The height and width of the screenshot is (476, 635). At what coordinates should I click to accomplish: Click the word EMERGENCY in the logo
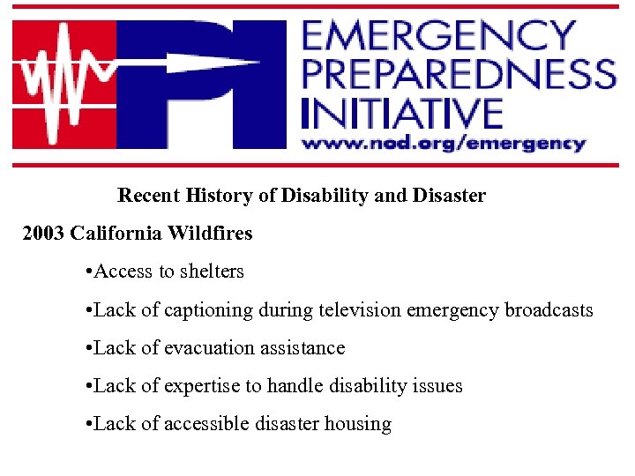pos(438,36)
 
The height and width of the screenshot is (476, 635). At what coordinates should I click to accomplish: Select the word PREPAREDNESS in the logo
pos(458,74)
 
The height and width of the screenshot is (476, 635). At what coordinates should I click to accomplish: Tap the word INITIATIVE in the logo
pos(401,112)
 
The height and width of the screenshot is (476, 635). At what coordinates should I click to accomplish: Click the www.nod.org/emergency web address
pos(444,142)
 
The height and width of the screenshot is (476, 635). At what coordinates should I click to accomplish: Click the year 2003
pos(43,234)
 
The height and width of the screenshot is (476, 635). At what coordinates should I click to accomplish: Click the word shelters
pos(211,271)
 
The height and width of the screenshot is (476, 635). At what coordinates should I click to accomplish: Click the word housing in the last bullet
pos(358,424)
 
